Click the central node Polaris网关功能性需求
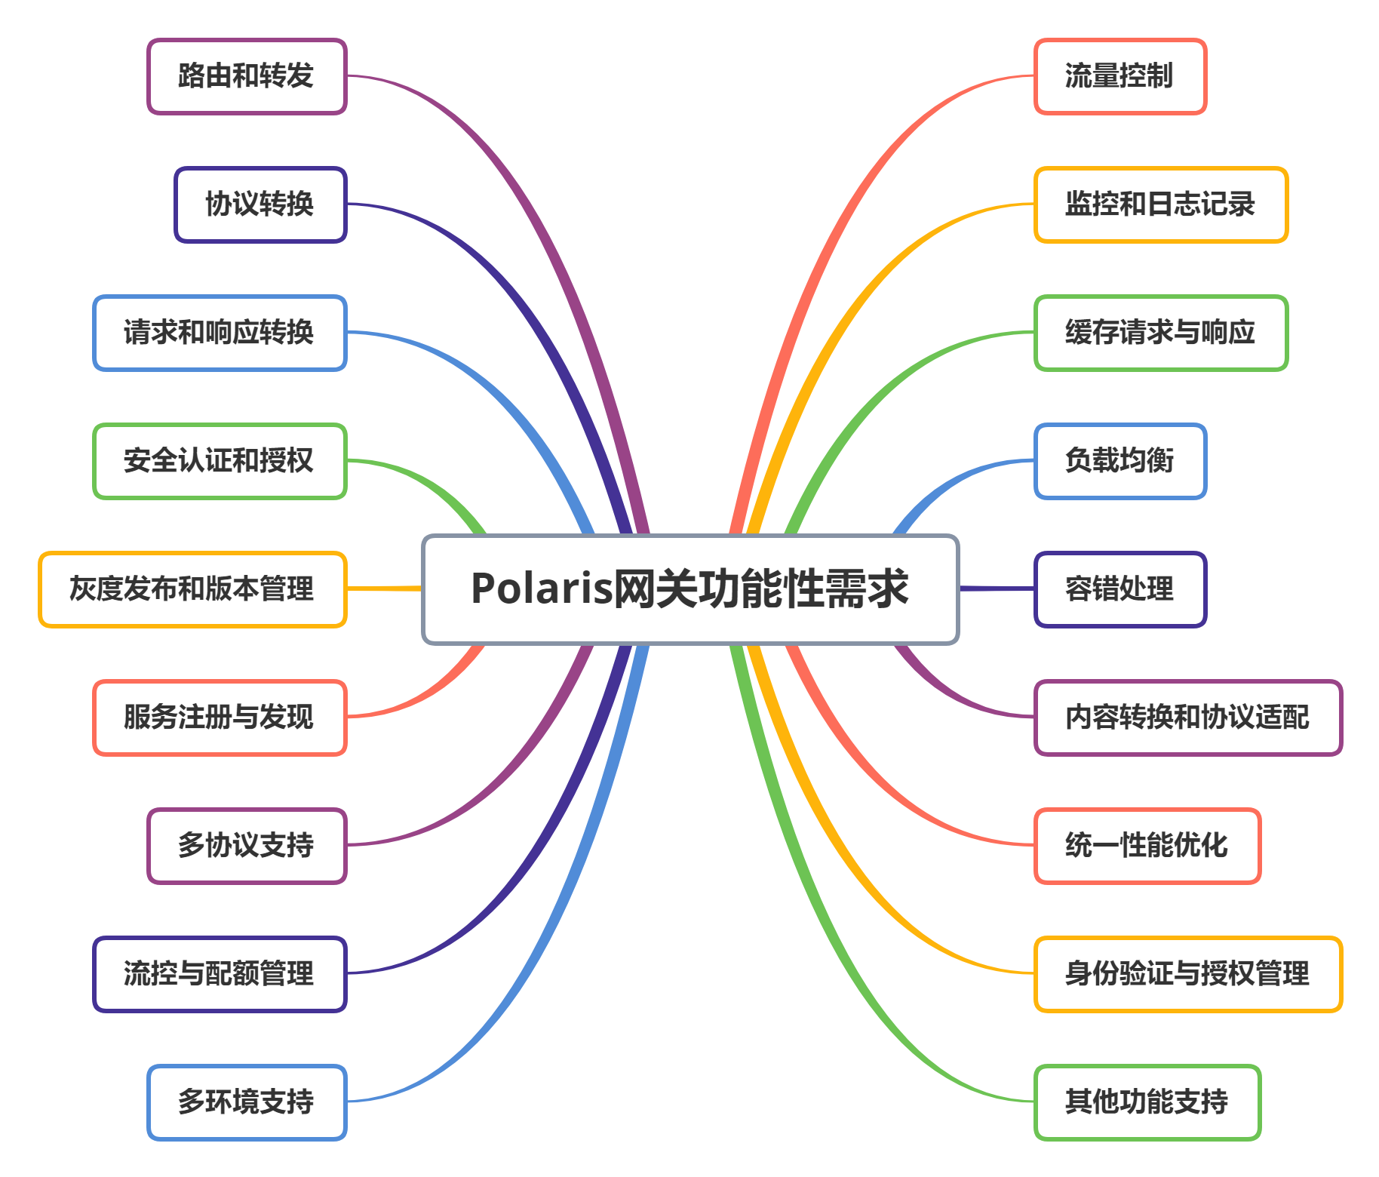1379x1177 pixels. point(689,589)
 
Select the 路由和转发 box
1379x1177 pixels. point(247,76)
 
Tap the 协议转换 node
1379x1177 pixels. point(260,204)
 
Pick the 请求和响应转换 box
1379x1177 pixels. point(220,333)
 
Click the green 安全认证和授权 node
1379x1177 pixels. point(220,461)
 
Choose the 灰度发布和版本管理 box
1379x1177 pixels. point(192,589)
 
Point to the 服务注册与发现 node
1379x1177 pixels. point(220,718)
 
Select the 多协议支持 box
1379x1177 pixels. point(247,846)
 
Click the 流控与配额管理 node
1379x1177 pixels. point(220,974)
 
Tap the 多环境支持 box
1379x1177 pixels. point(247,1102)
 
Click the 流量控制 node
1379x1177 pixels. point(1120,76)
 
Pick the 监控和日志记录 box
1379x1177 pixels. point(1161,204)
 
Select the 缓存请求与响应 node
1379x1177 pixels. point(1161,333)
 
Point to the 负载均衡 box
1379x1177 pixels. point(1120,461)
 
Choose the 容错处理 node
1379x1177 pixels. point(1120,589)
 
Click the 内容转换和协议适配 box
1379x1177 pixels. point(1188,718)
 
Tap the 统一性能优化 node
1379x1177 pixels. point(1147,846)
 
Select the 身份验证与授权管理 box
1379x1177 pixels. point(1188,974)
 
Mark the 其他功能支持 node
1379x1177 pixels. point(1147,1102)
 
